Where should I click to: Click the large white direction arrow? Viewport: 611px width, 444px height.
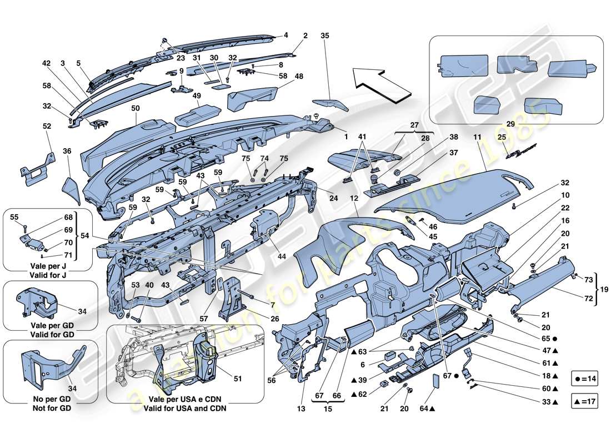[x=382, y=83]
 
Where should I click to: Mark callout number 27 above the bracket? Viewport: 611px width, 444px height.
[x=414, y=125]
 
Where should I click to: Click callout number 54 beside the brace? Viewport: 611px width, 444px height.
[x=85, y=236]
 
